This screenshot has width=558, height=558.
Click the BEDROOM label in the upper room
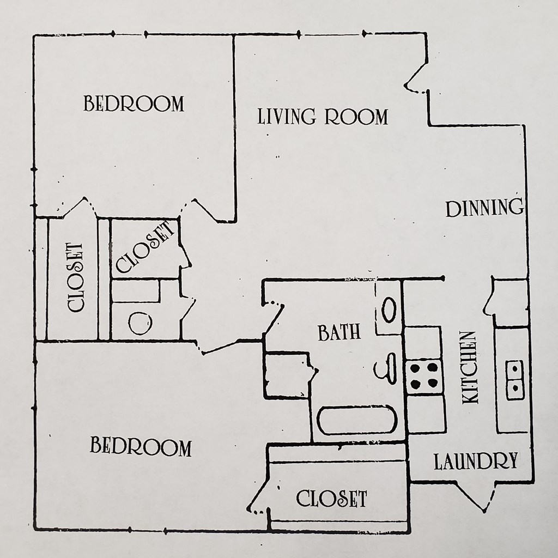tap(134, 103)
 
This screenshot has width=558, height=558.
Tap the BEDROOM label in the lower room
tap(141, 447)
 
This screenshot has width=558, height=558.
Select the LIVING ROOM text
tap(323, 117)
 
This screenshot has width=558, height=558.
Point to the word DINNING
tap(484, 208)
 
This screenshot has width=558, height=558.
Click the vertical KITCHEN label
tap(470, 367)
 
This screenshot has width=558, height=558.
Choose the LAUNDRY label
tap(475, 462)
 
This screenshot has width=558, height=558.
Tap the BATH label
tap(339, 332)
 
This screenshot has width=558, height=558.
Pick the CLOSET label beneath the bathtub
tap(331, 498)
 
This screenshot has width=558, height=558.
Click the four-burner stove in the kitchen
tap(424, 375)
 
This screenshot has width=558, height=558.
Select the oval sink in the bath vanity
tap(389, 310)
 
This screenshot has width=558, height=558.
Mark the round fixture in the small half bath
tap(139, 323)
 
